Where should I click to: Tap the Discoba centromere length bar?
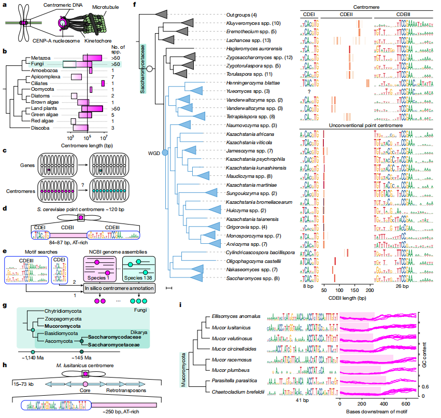(x=80, y=127)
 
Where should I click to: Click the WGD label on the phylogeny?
(x=154, y=152)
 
